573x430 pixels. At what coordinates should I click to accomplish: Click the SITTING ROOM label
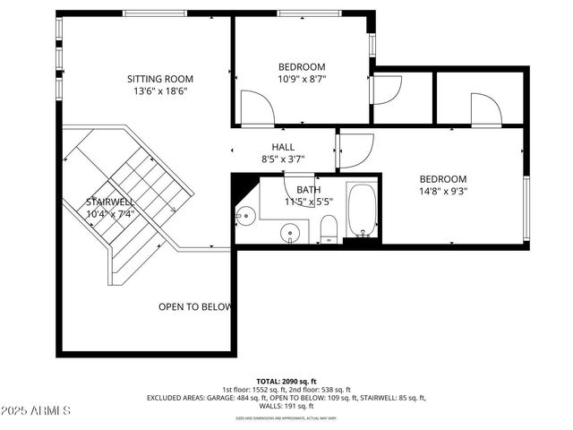[x=160, y=79]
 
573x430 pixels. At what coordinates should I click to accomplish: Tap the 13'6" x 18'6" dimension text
[x=160, y=90]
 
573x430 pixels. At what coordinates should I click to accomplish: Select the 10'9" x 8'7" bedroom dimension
[x=301, y=79]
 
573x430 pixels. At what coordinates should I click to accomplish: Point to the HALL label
[x=283, y=147]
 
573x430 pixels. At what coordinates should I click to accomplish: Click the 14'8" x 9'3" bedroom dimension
[x=443, y=190]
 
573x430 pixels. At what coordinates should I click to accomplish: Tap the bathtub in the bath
[x=363, y=212]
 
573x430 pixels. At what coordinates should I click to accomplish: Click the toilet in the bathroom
[x=329, y=228]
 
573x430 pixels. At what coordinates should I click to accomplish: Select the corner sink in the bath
[x=244, y=214]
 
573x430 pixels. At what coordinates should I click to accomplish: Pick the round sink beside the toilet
[x=289, y=234]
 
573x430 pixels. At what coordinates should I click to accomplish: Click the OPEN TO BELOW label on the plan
[x=194, y=306]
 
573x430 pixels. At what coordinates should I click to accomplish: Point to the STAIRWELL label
[x=109, y=202]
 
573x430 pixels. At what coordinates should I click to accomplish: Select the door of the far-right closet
[x=485, y=110]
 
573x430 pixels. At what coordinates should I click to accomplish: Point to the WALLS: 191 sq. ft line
[x=286, y=406]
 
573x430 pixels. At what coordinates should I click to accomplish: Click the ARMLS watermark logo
[x=36, y=410]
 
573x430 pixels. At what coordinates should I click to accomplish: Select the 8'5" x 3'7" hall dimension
[x=283, y=159]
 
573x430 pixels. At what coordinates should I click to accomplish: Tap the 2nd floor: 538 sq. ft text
[x=325, y=390]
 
